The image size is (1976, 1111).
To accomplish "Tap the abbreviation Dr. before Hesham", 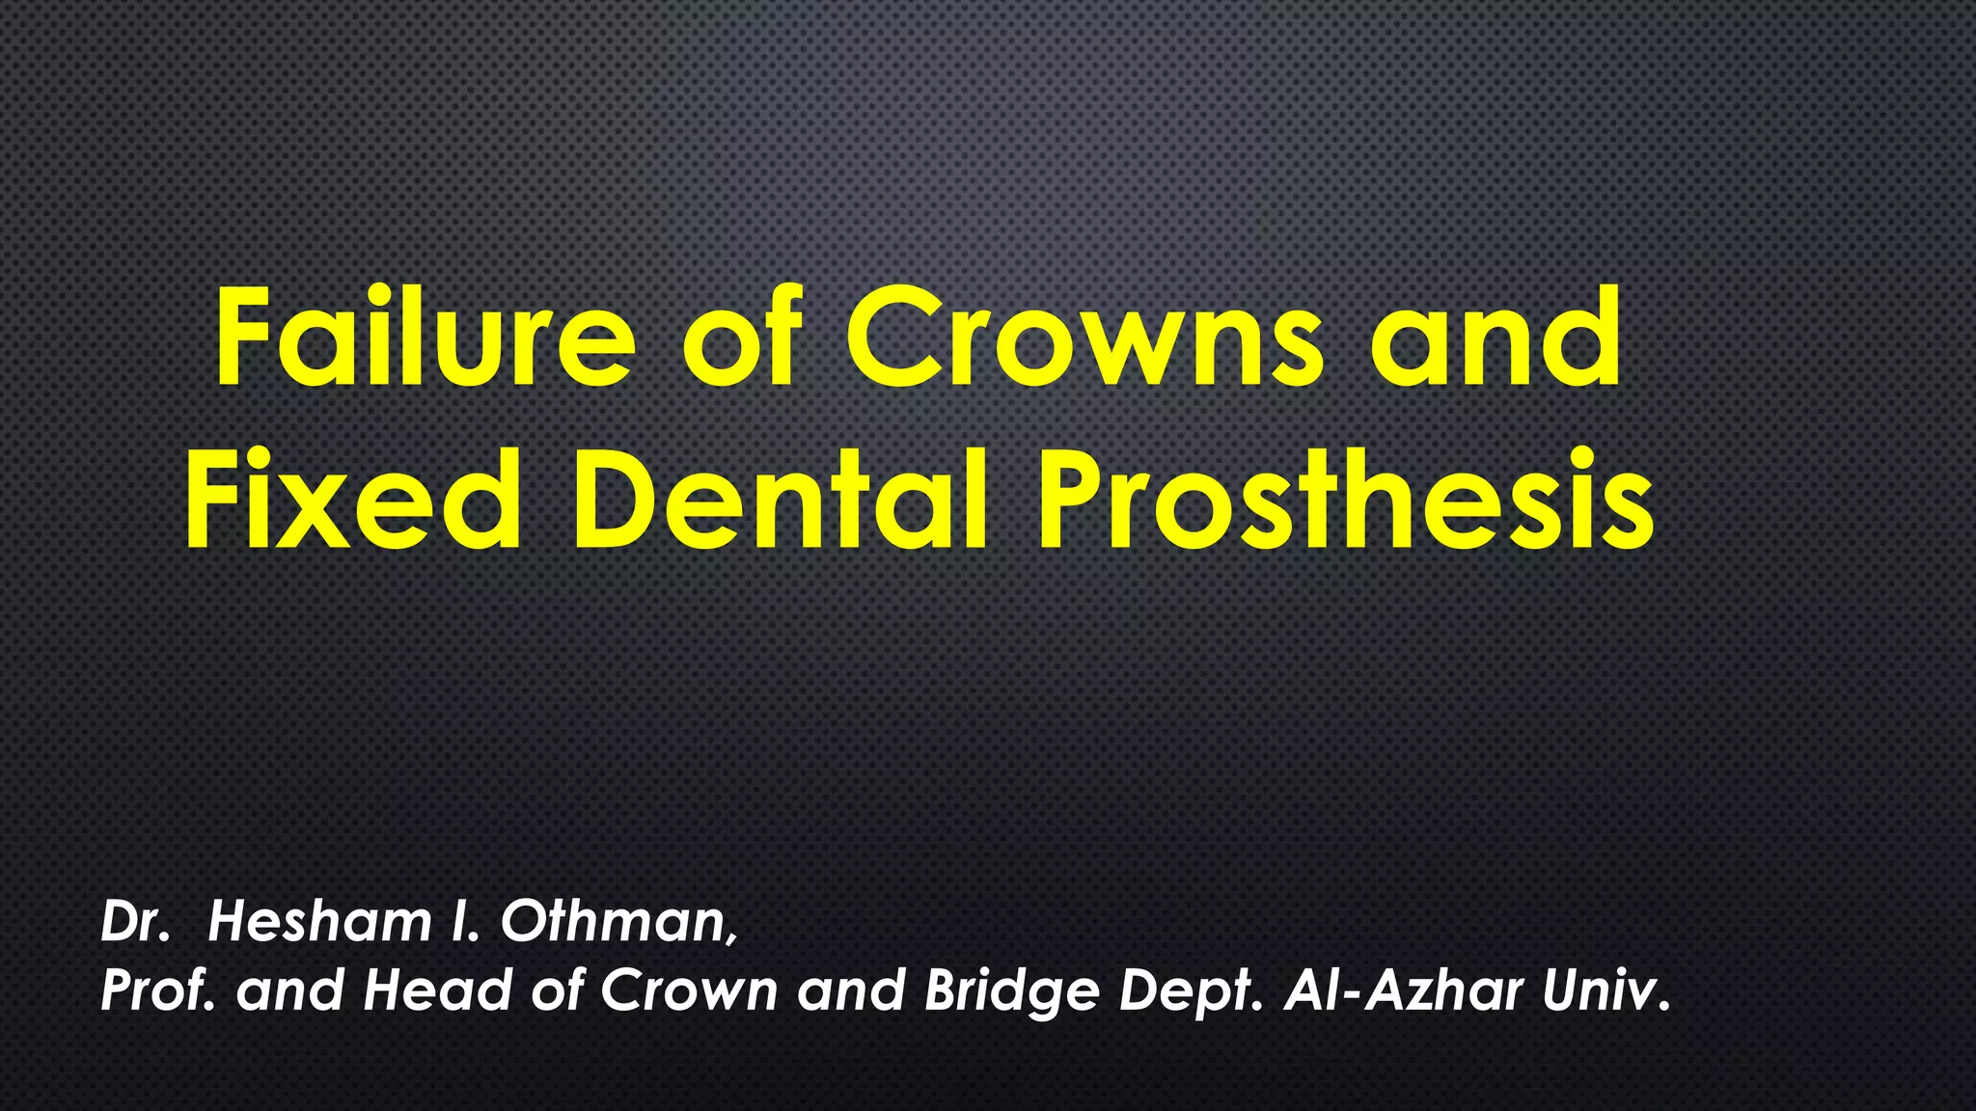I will tap(135, 922).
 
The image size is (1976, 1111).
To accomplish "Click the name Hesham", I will tap(319, 922).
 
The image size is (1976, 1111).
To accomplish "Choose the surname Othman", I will tap(618, 922).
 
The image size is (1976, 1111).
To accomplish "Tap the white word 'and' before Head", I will tap(289, 990).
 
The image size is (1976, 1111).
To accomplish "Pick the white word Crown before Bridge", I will tap(689, 990).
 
